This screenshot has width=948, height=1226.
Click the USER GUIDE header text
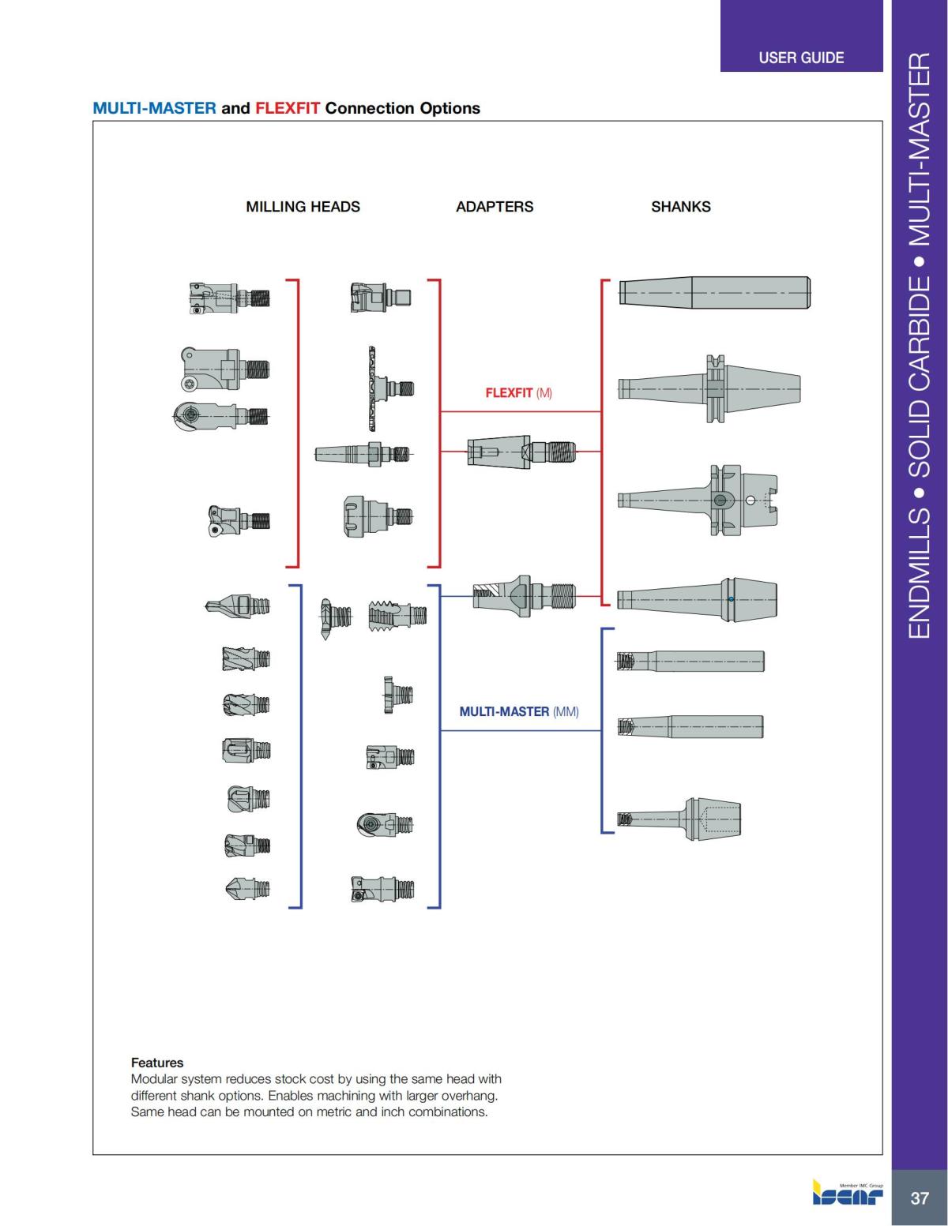point(800,58)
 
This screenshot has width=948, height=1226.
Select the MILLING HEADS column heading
point(303,207)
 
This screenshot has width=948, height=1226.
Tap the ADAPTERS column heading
point(495,207)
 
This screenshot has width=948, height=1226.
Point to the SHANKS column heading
point(680,207)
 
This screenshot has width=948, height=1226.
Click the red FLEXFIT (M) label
point(518,392)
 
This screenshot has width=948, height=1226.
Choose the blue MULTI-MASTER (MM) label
point(519,711)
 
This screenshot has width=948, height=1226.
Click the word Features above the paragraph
point(156,1063)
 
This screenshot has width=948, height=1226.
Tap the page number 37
point(919,1198)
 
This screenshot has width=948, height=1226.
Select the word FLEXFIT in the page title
point(288,108)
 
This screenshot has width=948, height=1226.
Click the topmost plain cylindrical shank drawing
point(714,293)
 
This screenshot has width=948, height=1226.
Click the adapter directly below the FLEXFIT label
point(522,452)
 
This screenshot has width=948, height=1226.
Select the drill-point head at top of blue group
point(237,607)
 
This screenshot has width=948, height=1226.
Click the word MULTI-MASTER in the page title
point(154,108)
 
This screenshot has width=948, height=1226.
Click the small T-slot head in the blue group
point(397,695)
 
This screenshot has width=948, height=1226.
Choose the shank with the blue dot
point(697,599)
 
